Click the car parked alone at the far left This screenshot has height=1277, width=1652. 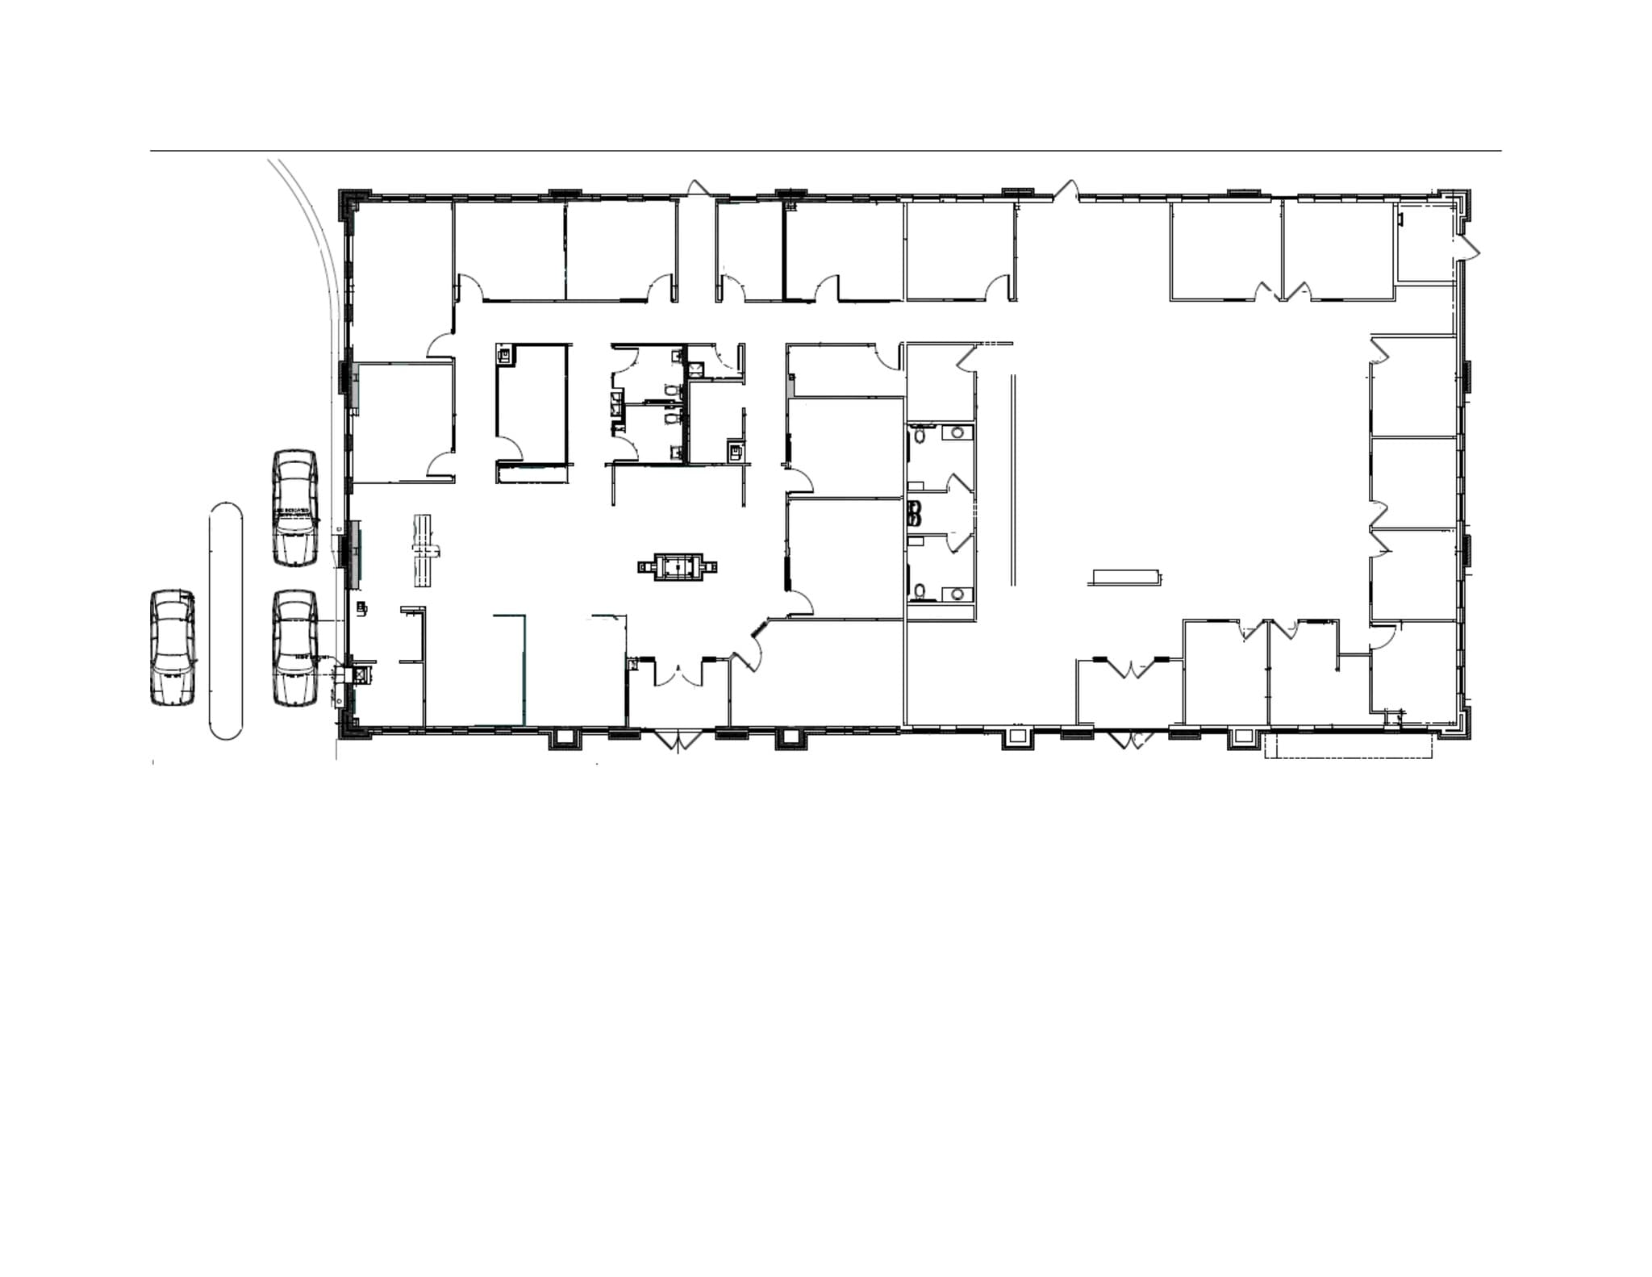coord(173,648)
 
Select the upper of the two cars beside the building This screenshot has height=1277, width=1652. coord(294,507)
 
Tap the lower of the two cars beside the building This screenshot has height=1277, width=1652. coord(294,648)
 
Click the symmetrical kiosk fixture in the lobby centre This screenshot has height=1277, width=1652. coord(677,567)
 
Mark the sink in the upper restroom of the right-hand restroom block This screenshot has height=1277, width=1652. coord(957,432)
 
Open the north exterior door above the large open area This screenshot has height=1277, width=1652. coord(1066,192)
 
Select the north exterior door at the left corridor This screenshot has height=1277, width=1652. coord(697,188)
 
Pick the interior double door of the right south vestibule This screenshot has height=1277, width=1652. coord(1133,669)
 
